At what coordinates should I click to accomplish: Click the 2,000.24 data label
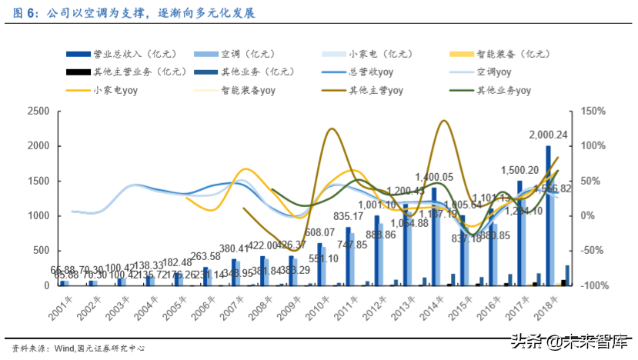[x=547, y=135]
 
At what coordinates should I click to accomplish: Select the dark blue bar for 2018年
[x=548, y=215]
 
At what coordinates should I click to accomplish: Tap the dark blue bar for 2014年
[x=434, y=236]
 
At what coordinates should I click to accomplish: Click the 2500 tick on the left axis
[x=38, y=112]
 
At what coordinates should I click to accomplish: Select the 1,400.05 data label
[x=434, y=178]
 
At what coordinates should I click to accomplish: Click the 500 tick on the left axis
[x=42, y=251]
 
